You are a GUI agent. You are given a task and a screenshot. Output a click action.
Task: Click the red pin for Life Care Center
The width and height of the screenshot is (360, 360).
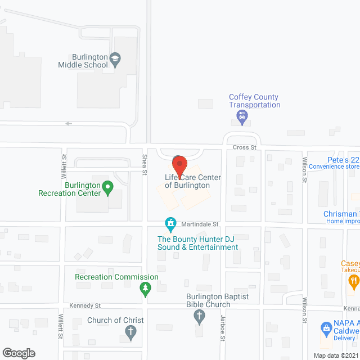pos(179,165)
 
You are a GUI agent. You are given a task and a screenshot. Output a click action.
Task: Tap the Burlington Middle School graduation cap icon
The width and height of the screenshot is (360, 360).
pos(115,60)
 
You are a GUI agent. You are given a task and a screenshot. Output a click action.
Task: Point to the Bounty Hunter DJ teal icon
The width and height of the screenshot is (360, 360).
pos(169,224)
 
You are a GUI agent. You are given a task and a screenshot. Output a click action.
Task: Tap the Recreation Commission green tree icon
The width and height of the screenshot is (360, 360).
pos(146,289)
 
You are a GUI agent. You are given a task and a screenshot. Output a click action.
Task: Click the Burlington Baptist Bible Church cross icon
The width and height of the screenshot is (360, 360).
pos(199,317)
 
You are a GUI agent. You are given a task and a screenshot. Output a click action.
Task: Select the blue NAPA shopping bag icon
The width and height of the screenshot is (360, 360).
pos(326,327)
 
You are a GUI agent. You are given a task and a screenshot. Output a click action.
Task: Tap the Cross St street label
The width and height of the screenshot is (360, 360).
pos(244,147)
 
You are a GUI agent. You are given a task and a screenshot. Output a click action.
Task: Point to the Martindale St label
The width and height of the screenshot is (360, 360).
pos(200,224)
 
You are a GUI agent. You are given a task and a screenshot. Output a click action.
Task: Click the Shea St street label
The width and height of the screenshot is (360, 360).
pos(145,162)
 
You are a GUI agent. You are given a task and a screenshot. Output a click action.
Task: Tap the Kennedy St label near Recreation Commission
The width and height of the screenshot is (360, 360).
pos(84,306)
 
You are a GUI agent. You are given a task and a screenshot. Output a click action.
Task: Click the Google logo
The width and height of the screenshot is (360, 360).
pos(18,353)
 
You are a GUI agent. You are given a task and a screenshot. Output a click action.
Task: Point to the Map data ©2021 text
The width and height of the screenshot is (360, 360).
pos(335,355)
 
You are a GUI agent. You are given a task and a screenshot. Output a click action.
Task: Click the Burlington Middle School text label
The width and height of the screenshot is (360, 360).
pos(83,61)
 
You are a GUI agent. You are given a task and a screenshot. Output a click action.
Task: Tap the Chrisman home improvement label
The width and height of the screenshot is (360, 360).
pos(341,217)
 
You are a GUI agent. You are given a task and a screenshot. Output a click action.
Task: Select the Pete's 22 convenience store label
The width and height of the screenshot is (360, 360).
pos(335,163)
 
